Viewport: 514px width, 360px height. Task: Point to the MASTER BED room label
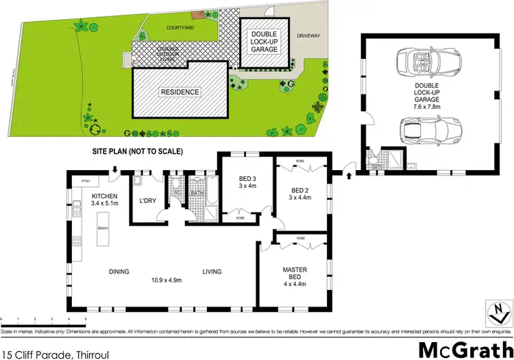tap(294, 274)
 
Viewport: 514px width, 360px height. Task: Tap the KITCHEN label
tap(105, 199)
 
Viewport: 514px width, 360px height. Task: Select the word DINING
tap(119, 272)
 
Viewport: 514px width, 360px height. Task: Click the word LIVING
tap(212, 272)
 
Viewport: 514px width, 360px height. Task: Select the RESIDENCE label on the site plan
tap(180, 92)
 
